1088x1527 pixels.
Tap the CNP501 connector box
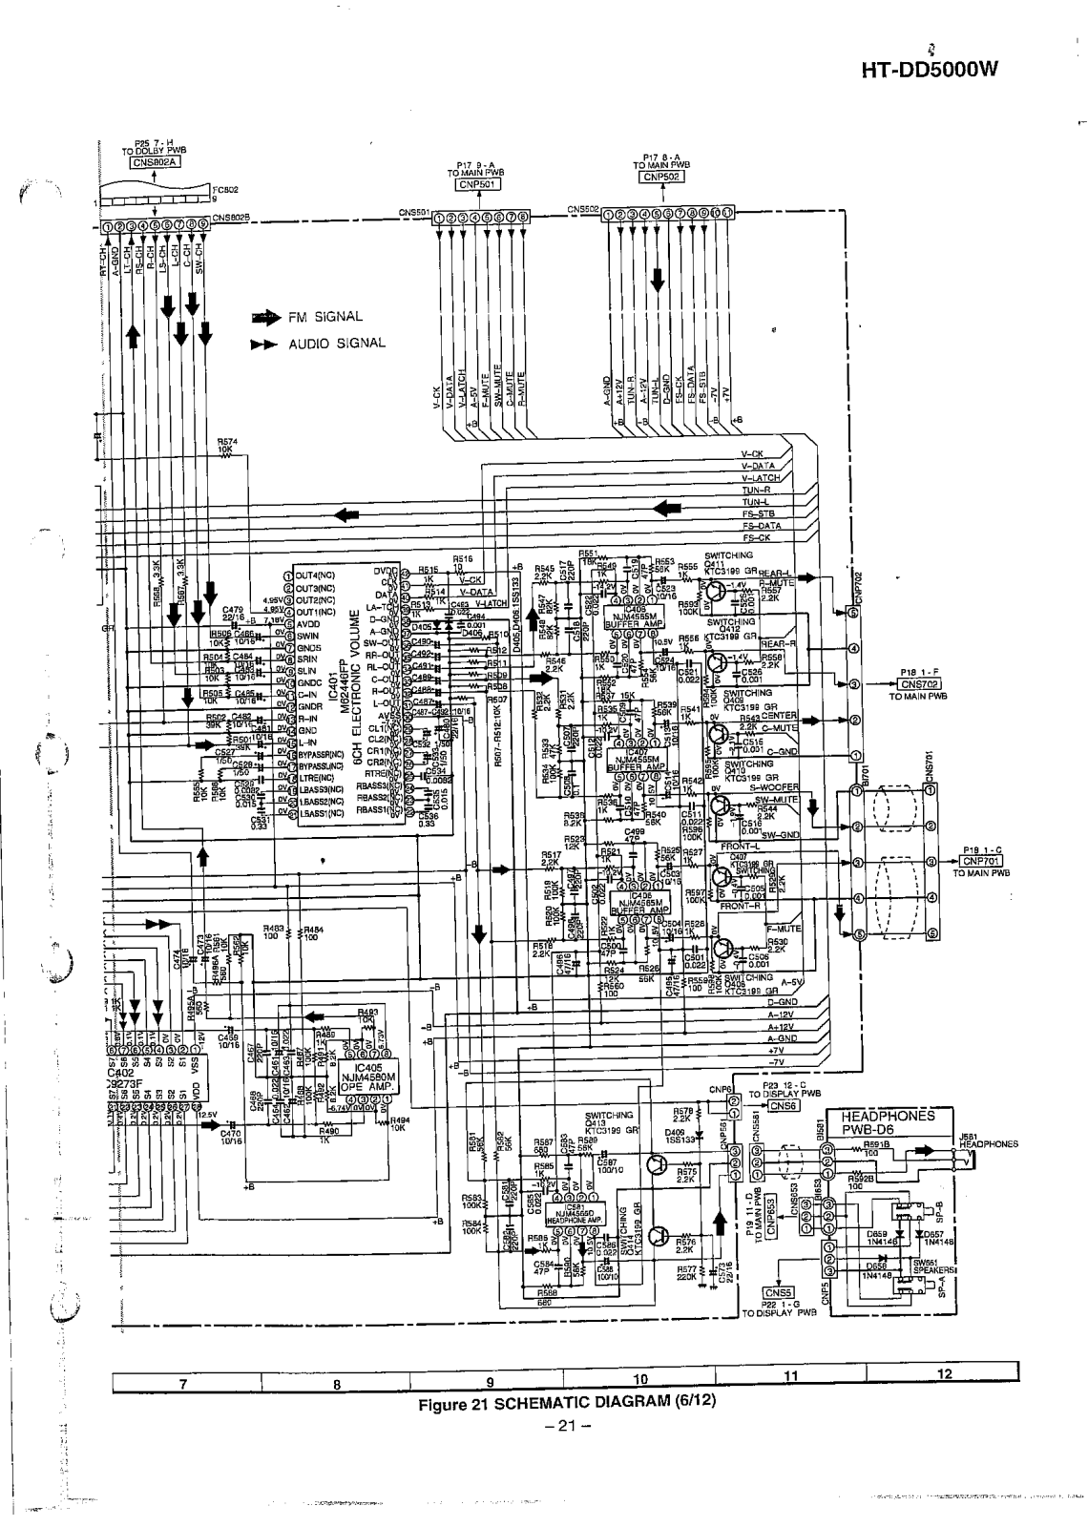click(473, 184)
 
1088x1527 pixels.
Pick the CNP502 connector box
click(659, 177)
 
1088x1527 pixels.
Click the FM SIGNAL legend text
click(326, 317)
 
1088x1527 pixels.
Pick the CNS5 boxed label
click(779, 1293)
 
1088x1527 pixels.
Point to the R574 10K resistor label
click(227, 445)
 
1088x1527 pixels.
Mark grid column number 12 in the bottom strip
click(945, 1375)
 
